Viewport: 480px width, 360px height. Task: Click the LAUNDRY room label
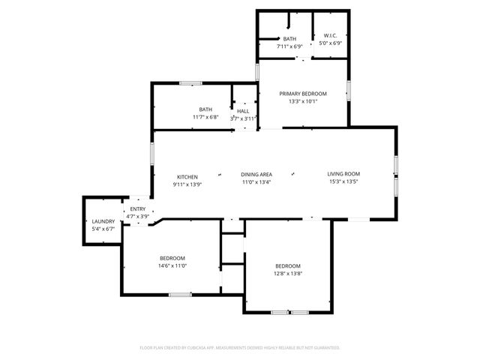tap(103, 221)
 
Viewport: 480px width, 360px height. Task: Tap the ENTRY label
tap(138, 209)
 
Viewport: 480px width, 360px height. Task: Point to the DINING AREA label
tap(256, 174)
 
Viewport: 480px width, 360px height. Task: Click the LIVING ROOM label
tap(343, 174)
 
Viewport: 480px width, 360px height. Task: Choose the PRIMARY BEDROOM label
tap(303, 94)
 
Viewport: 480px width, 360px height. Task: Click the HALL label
tap(243, 111)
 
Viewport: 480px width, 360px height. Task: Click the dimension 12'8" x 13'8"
tap(287, 274)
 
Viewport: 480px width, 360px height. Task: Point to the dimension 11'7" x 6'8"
tap(205, 117)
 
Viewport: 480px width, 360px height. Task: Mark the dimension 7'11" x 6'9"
tap(289, 46)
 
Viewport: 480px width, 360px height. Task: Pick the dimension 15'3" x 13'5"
tap(343, 181)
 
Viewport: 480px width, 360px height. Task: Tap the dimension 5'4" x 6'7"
tap(103, 229)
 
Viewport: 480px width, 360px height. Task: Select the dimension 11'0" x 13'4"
tap(256, 181)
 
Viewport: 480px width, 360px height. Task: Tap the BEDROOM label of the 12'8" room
tap(287, 266)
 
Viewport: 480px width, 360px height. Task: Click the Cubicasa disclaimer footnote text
tap(240, 347)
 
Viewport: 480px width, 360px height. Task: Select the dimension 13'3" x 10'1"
tap(303, 101)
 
